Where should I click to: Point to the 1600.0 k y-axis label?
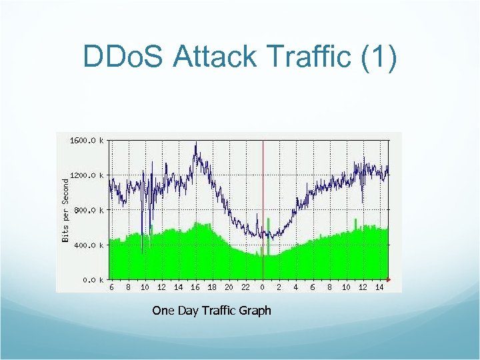(87, 141)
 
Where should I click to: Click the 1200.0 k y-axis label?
(87, 175)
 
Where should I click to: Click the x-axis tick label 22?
(245, 287)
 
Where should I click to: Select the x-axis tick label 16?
(195, 287)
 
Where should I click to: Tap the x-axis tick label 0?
(263, 287)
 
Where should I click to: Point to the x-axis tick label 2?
(279, 287)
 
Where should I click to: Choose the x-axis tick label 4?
(296, 287)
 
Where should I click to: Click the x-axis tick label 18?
(212, 287)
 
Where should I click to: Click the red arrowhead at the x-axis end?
(389, 279)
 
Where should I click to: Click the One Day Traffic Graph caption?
(211, 311)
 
